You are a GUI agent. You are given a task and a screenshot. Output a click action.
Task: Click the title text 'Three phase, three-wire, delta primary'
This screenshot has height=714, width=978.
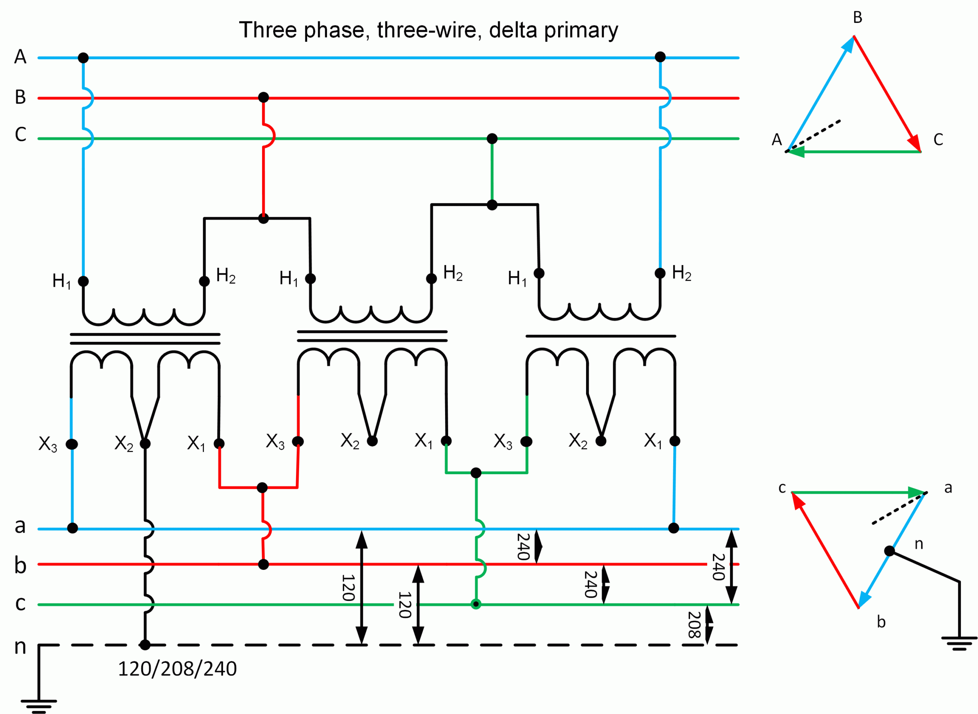point(428,30)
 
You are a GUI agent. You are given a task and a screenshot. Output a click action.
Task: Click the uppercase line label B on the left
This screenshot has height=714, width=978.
point(20,97)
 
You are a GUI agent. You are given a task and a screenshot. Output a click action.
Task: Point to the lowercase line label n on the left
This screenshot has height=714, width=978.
point(20,646)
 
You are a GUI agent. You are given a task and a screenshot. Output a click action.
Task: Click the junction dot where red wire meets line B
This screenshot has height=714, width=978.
point(263,97)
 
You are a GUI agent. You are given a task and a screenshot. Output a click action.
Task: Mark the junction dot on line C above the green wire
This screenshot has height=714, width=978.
point(492,139)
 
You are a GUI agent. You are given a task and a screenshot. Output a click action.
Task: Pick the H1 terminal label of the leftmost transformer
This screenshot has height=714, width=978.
point(61,281)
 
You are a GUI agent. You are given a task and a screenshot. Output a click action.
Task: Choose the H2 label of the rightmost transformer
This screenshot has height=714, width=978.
point(682,273)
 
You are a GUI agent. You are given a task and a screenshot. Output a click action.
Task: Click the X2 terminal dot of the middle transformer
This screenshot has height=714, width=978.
point(372,441)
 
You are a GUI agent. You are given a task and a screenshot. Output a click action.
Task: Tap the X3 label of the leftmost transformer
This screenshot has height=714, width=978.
point(47,444)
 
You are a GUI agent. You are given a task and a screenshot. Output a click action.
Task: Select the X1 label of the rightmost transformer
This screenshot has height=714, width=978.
point(653,441)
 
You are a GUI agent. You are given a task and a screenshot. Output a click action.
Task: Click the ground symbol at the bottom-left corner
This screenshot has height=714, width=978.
point(39,705)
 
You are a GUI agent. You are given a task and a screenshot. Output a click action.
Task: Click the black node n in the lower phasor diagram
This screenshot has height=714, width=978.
point(889,551)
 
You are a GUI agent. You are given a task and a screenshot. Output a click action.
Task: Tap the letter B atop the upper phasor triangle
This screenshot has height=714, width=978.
point(858,18)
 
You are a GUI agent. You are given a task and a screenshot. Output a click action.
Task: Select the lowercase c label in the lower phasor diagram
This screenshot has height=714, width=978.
point(782,488)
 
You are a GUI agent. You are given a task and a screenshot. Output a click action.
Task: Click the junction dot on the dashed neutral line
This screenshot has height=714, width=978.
point(145,645)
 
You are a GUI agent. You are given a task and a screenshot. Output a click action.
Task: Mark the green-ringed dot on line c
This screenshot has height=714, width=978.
point(476,604)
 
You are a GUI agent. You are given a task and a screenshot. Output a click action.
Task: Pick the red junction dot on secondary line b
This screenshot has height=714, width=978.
point(263,564)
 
